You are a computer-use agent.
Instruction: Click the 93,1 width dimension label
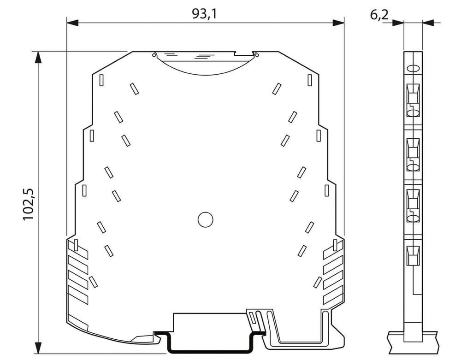coord(204,13)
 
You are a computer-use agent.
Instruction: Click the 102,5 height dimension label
coord(29,204)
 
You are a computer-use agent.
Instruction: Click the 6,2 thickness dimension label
coord(379,15)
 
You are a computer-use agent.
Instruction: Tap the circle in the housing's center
coord(205,219)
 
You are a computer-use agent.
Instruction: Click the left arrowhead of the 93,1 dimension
coord(73,23)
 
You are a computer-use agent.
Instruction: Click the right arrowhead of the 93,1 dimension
coord(338,23)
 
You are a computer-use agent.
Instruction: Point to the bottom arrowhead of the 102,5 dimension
coord(38,348)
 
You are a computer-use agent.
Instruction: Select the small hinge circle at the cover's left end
coord(154,55)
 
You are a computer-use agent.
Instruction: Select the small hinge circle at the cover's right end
coord(256,55)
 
